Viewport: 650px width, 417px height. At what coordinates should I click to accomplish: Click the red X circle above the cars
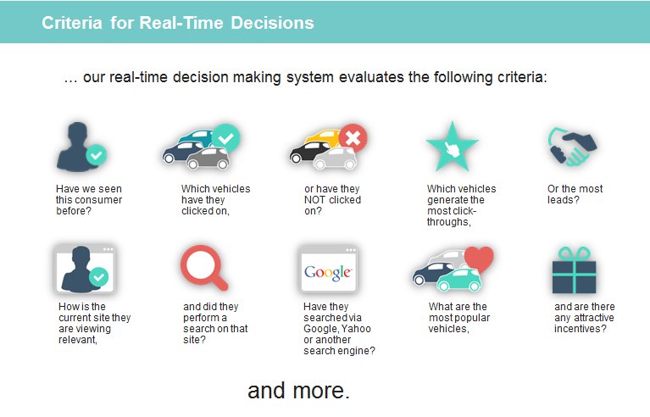click(353, 138)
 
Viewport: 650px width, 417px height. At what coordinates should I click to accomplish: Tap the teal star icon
click(453, 147)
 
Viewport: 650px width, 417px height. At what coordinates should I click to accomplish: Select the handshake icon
click(572, 147)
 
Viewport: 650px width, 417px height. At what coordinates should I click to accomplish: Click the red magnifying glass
click(203, 268)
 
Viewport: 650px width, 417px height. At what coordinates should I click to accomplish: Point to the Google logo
click(328, 272)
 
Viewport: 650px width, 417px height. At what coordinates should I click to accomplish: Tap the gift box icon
click(574, 270)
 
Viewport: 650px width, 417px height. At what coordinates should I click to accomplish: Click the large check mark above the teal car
click(226, 138)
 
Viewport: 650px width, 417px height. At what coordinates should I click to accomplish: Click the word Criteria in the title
click(72, 23)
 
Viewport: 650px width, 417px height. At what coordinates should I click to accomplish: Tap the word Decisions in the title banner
click(272, 23)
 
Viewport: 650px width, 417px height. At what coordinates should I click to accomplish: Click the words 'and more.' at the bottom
click(299, 391)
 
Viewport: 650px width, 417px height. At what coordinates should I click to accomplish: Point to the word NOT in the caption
click(314, 200)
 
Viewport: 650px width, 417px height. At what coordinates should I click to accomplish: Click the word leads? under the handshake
click(564, 200)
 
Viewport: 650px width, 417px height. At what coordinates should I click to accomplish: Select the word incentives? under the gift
click(581, 329)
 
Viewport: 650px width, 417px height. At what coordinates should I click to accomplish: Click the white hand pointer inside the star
click(452, 149)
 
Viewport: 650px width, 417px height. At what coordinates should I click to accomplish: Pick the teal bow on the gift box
click(574, 253)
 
